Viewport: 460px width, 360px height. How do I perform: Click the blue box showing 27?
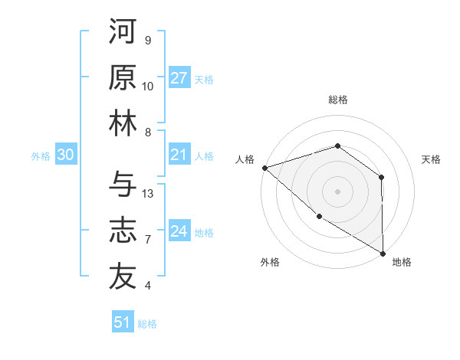pyautogui.click(x=179, y=78)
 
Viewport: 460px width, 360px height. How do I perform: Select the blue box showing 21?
pyautogui.click(x=179, y=155)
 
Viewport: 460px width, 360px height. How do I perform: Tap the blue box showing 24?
pyautogui.click(x=179, y=231)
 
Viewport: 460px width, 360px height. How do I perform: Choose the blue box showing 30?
pyautogui.click(x=66, y=155)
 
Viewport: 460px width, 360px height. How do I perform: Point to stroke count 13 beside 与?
pyautogui.click(x=148, y=194)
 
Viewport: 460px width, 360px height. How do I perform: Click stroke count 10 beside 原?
pyautogui.click(x=148, y=87)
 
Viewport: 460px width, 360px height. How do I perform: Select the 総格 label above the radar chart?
pyautogui.click(x=338, y=100)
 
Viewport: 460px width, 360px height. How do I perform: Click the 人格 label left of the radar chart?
pyautogui.click(x=245, y=159)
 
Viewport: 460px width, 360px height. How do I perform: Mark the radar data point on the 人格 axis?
pyautogui.click(x=264, y=167)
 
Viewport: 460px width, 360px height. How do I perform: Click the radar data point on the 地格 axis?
pyautogui.click(x=383, y=253)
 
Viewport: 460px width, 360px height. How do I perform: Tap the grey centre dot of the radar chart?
pyautogui.click(x=337, y=191)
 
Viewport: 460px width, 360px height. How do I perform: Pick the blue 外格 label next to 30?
pyautogui.click(x=41, y=156)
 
